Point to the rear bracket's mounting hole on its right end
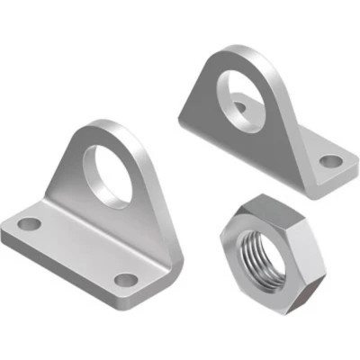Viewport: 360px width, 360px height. coord(331,162)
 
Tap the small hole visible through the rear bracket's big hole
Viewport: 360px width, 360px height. coord(240,107)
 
